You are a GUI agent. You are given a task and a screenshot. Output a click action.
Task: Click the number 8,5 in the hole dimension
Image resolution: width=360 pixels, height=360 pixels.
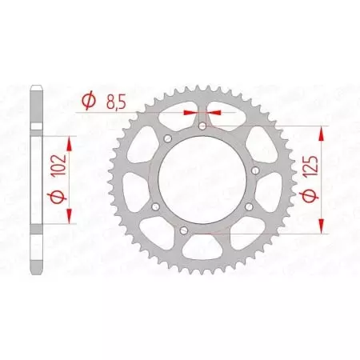114,102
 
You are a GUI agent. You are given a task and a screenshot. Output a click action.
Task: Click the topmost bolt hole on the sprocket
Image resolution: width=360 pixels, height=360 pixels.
202,126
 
